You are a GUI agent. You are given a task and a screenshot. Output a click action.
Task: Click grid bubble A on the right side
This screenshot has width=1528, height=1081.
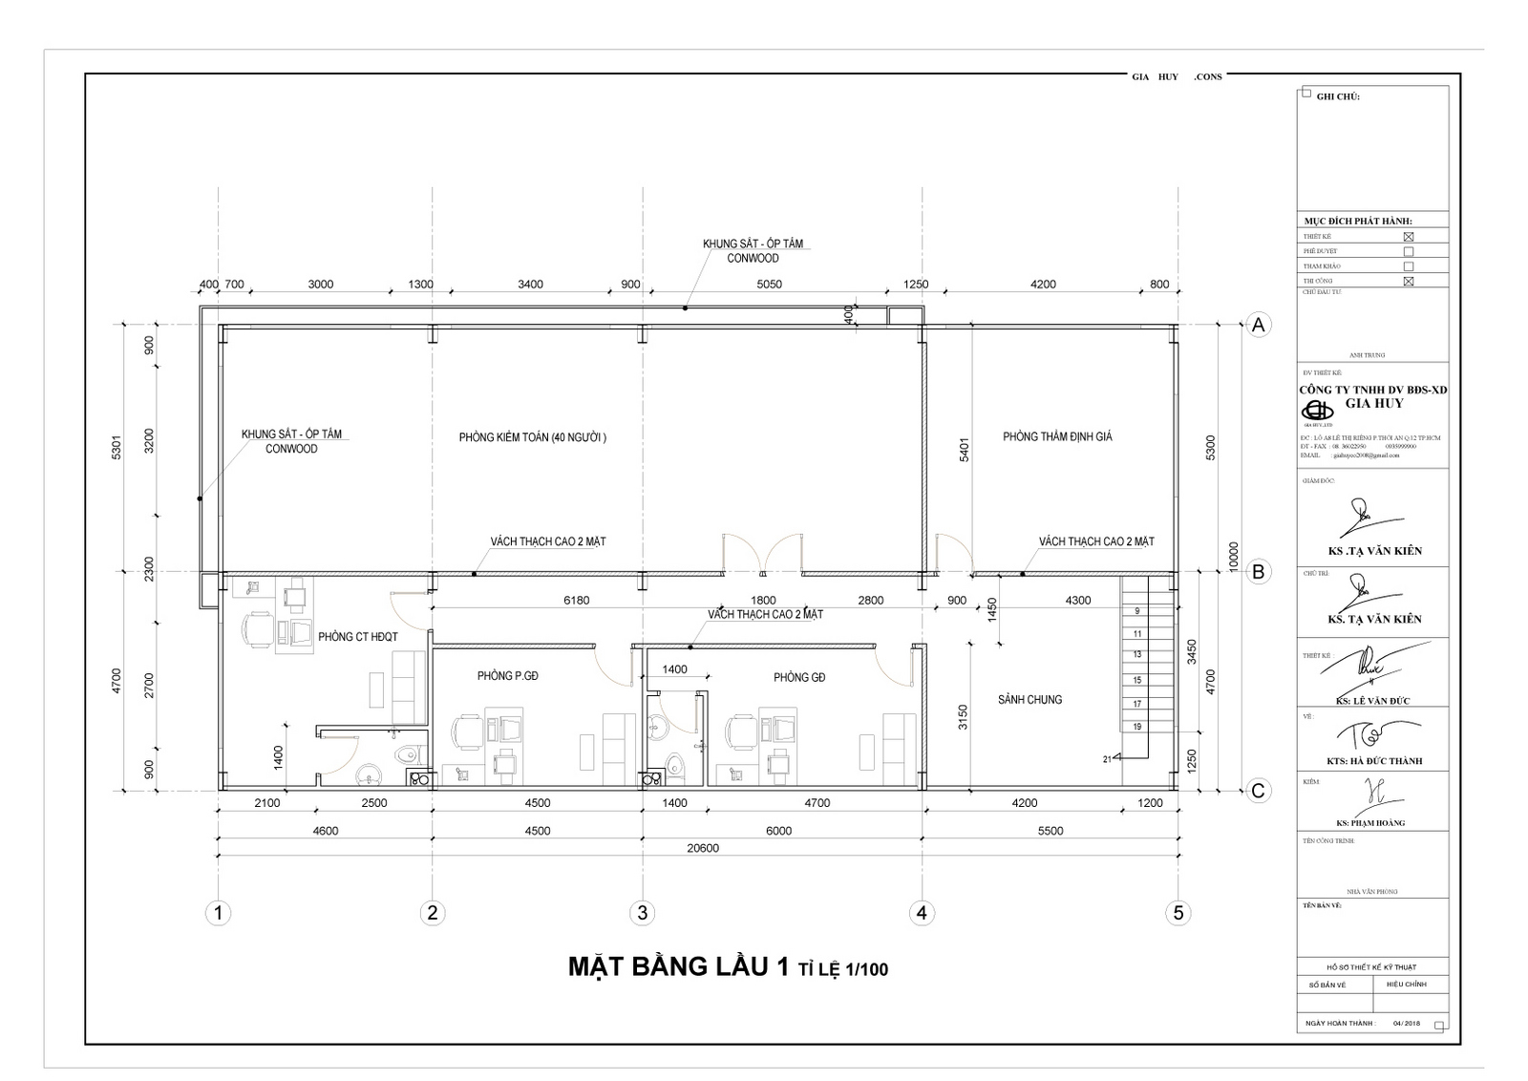click(1259, 325)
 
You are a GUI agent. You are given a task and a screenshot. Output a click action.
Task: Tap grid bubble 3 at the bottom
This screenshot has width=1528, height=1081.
click(642, 913)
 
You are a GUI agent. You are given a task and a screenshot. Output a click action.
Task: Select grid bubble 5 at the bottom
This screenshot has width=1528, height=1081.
click(1178, 913)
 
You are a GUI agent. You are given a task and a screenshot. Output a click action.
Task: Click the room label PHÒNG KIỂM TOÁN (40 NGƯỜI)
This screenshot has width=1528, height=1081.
click(532, 437)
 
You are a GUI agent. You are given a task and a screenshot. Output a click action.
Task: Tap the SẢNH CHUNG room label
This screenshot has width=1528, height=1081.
click(1029, 699)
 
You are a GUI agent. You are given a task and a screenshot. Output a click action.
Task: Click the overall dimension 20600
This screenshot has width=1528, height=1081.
click(703, 848)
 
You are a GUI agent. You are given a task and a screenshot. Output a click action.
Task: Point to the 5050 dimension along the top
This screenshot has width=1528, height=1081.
click(769, 284)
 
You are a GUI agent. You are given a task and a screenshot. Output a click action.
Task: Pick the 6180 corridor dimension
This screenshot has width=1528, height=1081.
click(576, 601)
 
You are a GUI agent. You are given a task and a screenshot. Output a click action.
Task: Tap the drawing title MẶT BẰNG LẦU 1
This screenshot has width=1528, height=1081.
click(678, 967)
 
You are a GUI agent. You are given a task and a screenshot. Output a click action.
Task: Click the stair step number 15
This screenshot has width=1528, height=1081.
click(1136, 680)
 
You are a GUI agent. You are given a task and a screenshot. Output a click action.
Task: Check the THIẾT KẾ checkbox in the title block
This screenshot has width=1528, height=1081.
click(1408, 236)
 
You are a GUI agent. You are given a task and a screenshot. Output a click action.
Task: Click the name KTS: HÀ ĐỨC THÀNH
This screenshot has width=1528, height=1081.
click(1373, 761)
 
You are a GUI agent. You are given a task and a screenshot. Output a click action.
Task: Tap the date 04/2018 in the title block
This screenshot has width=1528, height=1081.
click(1407, 1023)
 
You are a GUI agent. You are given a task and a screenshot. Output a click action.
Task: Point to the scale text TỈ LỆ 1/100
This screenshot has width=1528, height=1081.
click(843, 970)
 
